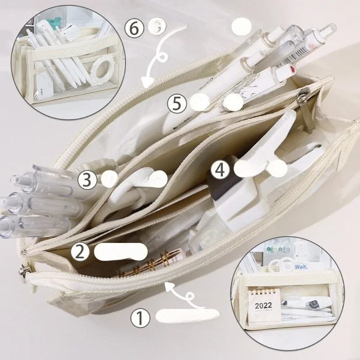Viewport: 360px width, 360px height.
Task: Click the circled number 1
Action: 140,319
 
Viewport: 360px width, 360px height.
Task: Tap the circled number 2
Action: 80,251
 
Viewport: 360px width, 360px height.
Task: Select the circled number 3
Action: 87,180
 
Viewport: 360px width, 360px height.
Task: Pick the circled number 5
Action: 177,103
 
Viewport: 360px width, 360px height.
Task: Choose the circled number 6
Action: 134,28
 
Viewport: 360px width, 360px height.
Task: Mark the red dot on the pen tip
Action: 293,70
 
